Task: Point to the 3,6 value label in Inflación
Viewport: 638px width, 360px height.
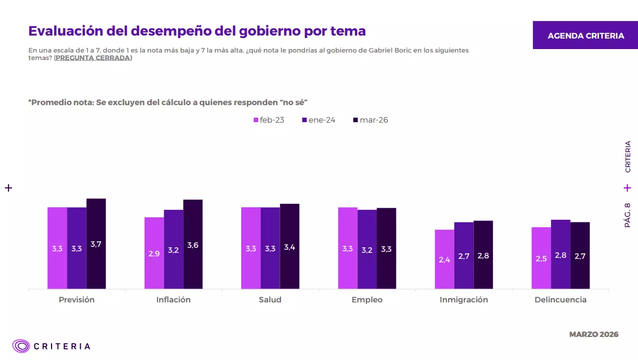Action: [x=193, y=245]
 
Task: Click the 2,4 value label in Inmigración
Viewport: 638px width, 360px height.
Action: [x=444, y=259]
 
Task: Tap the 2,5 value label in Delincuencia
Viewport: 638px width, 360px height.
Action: [x=541, y=259]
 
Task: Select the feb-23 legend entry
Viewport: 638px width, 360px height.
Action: [x=269, y=120]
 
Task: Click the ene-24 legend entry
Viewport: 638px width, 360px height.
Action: [x=319, y=120]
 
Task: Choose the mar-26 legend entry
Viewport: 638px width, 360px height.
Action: [x=370, y=120]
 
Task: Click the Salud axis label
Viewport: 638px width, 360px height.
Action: [x=270, y=300]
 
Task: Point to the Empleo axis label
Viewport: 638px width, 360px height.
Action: [x=367, y=300]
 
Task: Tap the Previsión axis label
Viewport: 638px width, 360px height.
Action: [x=77, y=300]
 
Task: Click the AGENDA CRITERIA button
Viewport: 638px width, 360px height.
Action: [x=585, y=36]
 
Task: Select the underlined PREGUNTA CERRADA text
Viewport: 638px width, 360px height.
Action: [x=93, y=58]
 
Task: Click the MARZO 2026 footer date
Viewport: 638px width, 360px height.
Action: [x=593, y=334]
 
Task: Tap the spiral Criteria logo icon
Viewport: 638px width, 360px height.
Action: [x=22, y=346]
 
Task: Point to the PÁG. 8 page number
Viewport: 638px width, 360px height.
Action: [x=627, y=215]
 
